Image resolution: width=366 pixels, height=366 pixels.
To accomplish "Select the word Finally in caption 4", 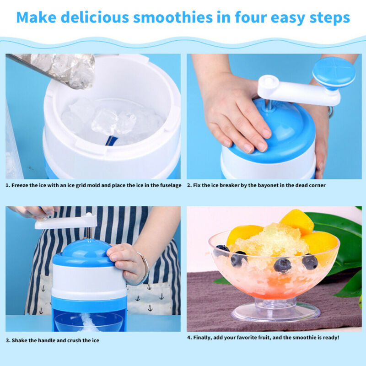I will tap(204, 338).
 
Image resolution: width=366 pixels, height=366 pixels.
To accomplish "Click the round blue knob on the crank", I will tap(334, 73).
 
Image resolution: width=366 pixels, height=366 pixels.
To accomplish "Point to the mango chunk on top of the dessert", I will tap(296, 221).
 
